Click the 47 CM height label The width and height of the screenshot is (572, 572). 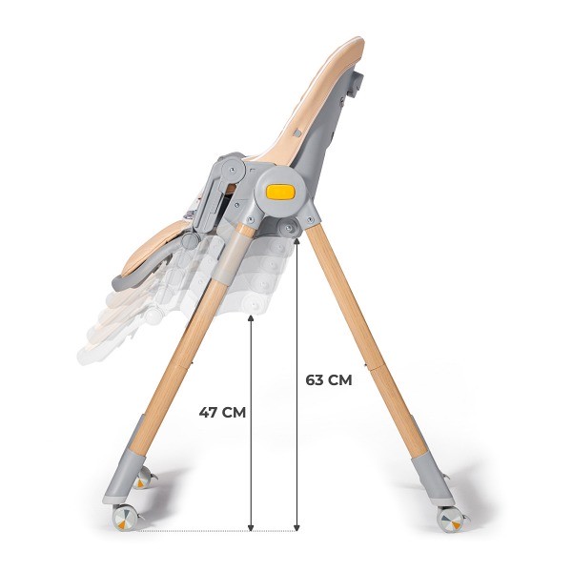point(223,412)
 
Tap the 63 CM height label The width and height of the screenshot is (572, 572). point(329,379)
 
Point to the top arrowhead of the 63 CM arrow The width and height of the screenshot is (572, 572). point(297,238)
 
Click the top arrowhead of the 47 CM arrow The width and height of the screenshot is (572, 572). point(251,317)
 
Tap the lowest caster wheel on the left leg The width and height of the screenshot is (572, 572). point(126,518)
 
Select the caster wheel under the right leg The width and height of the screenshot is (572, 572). point(450,520)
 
